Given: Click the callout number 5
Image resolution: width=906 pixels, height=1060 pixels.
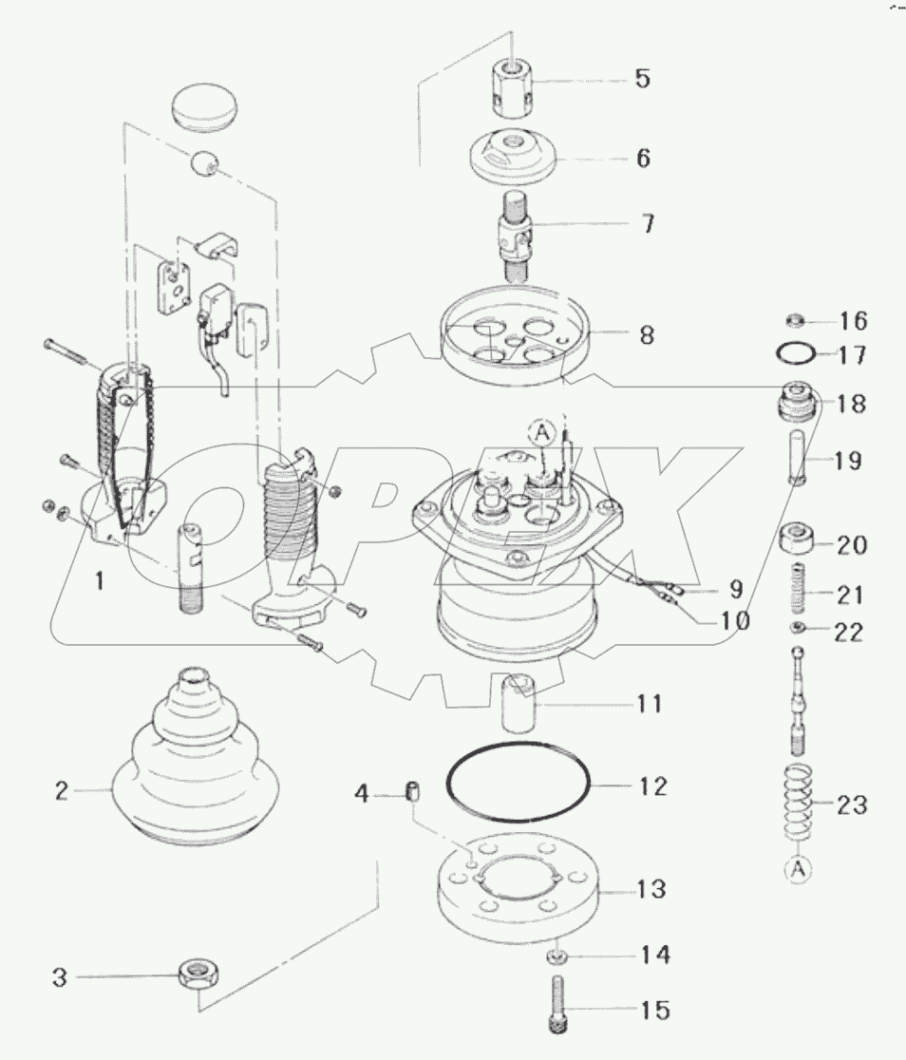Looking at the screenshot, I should click(643, 78).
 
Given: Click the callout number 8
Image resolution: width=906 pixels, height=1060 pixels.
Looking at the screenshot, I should click(646, 335).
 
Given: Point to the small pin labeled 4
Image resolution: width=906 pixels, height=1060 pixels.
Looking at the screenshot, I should click(413, 790).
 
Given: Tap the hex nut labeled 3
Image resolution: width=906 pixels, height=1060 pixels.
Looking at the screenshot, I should click(198, 975).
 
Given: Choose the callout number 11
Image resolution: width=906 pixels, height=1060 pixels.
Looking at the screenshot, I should click(650, 704).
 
